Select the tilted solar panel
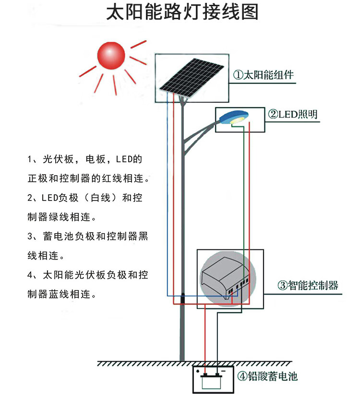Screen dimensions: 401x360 point(192,77)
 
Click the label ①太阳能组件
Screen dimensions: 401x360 point(264,75)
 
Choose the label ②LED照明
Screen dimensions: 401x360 point(292,114)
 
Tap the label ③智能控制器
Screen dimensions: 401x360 point(308,285)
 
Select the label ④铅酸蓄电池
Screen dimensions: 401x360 point(267,376)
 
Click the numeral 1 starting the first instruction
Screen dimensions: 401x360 point(30,159)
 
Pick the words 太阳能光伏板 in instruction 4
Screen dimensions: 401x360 point(72,275)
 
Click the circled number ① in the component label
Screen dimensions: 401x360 point(238,75)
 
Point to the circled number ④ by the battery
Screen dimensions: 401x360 point(241,376)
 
